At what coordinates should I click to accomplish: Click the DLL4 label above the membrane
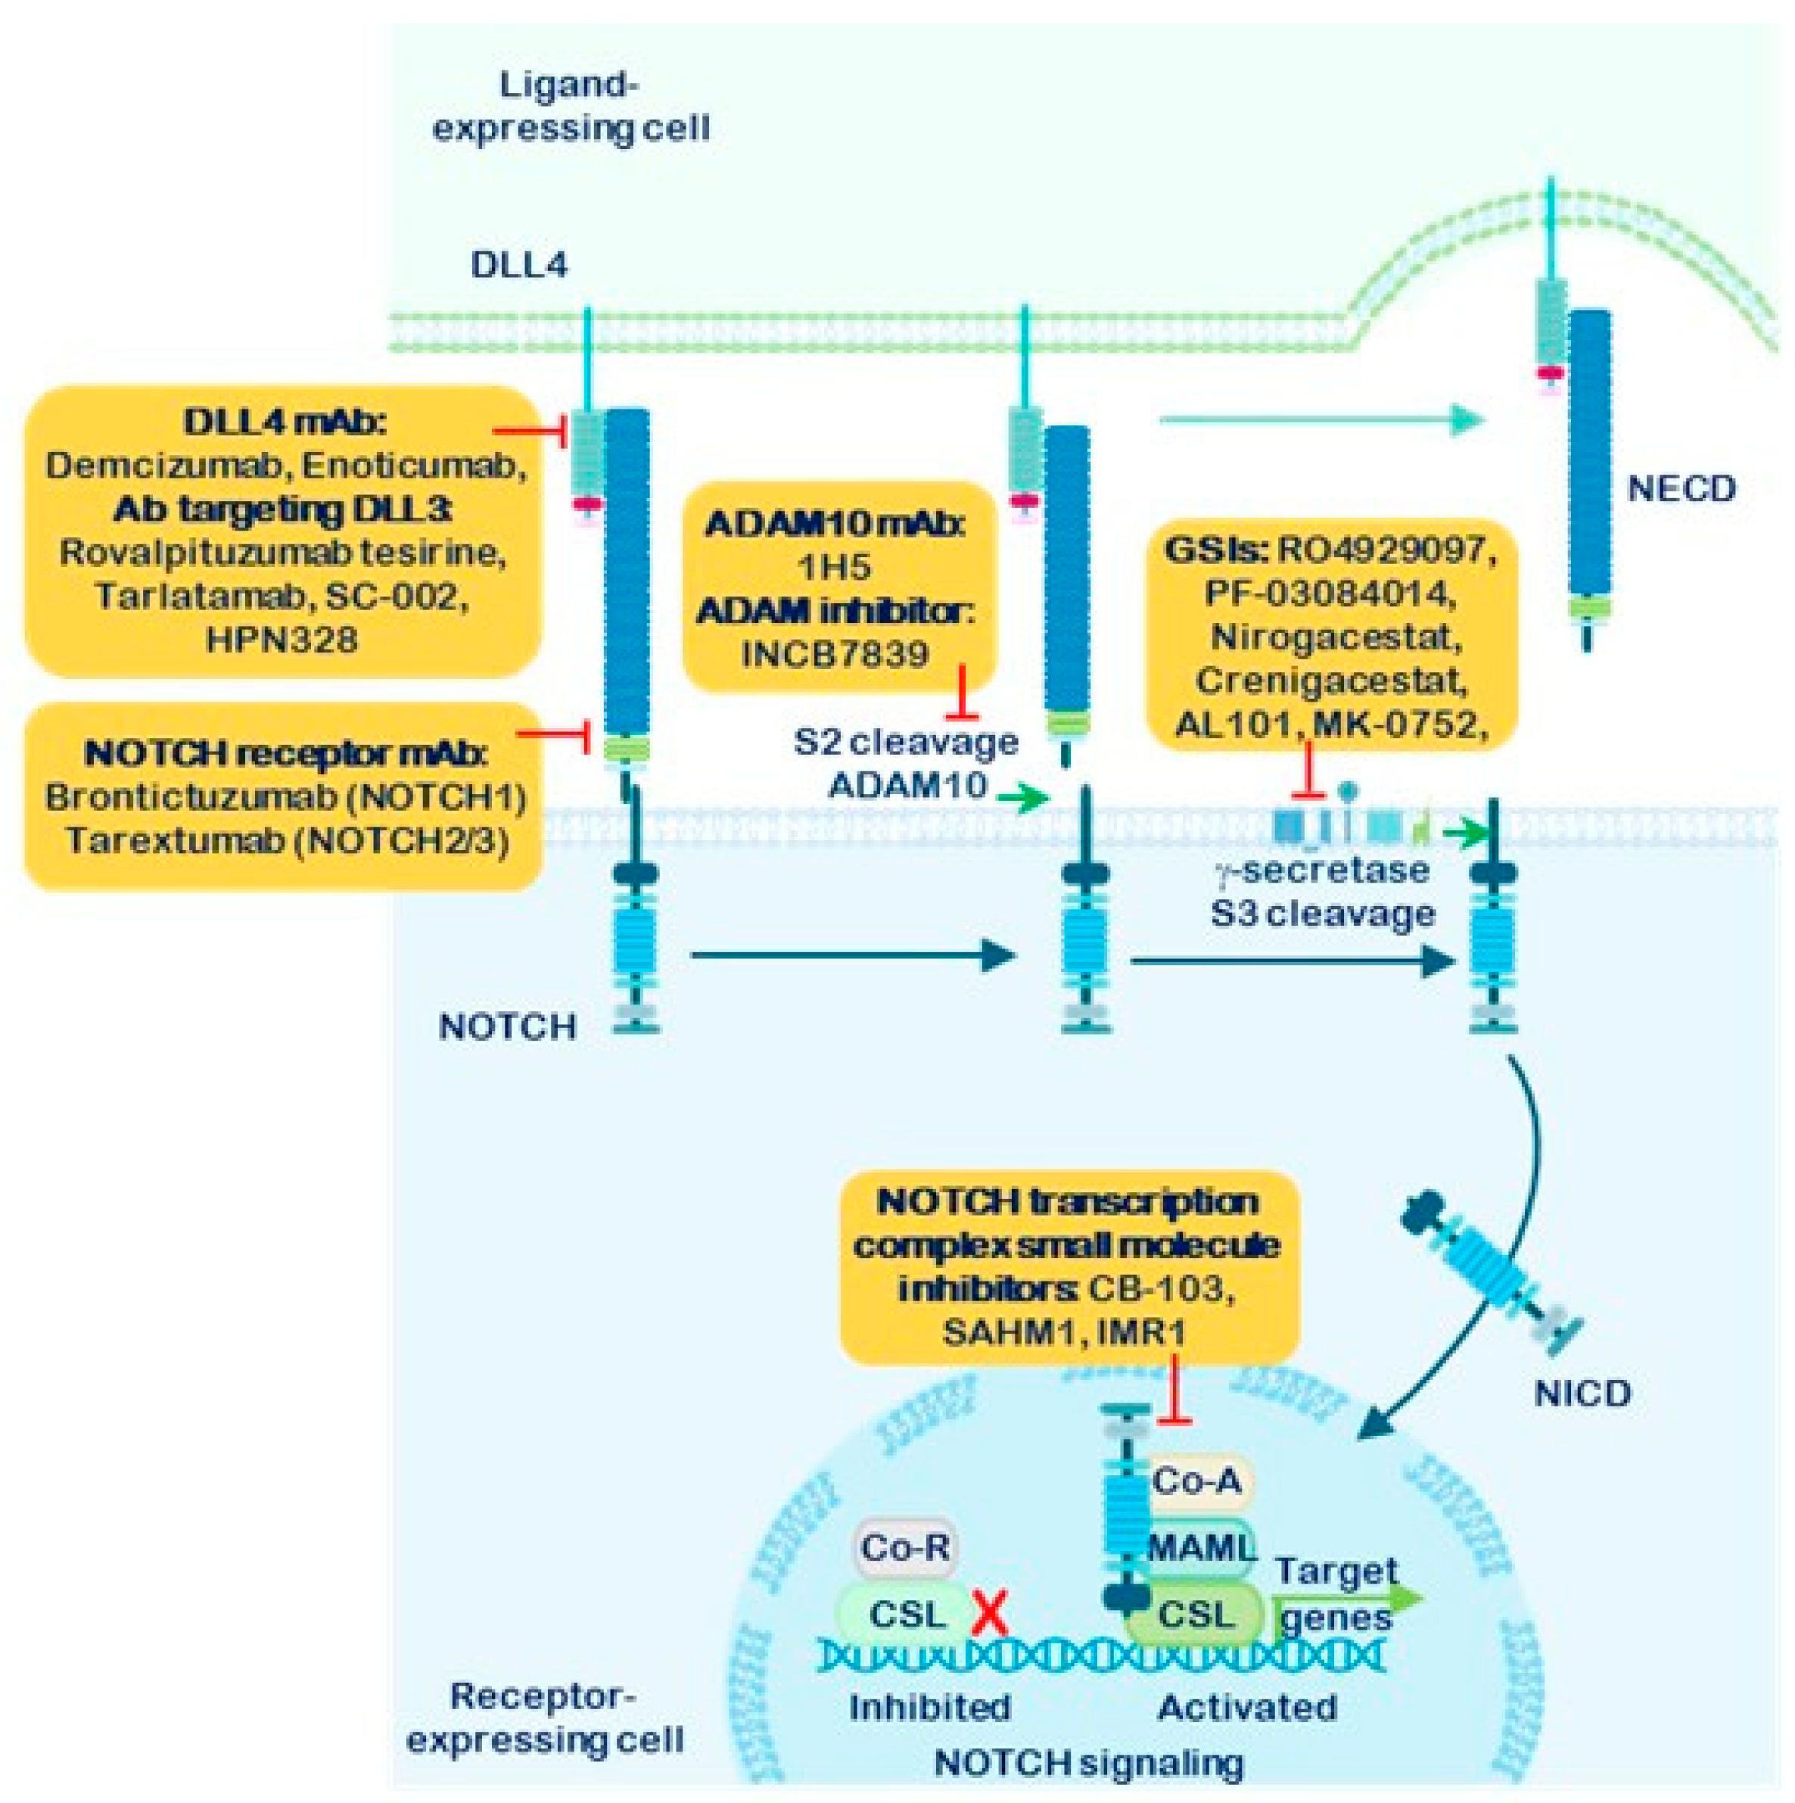(518, 265)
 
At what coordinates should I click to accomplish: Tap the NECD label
(1681, 488)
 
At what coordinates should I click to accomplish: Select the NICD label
(1582, 1394)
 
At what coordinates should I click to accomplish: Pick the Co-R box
(904, 1547)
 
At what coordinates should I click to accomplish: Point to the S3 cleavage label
(1322, 913)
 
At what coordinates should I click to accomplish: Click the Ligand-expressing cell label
(571, 107)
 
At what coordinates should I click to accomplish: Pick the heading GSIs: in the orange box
(1214, 550)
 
